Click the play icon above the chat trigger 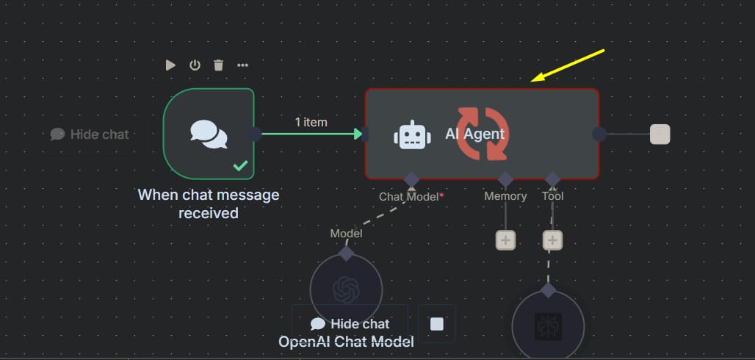(170, 65)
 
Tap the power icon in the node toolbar (195, 65)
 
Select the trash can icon (218, 65)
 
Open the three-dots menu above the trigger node (242, 65)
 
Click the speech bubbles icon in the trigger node (209, 134)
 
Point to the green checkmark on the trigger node (240, 166)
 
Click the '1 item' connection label (311, 122)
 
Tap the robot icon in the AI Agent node (411, 135)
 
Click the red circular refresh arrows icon (481, 134)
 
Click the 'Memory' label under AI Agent (505, 196)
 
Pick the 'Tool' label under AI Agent (552, 196)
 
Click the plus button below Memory (505, 240)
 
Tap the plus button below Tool (552, 240)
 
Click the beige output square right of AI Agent (660, 134)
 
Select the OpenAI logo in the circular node (346, 289)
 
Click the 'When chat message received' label (209, 204)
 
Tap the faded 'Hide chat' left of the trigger (90, 134)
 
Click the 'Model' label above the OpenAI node (346, 233)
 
